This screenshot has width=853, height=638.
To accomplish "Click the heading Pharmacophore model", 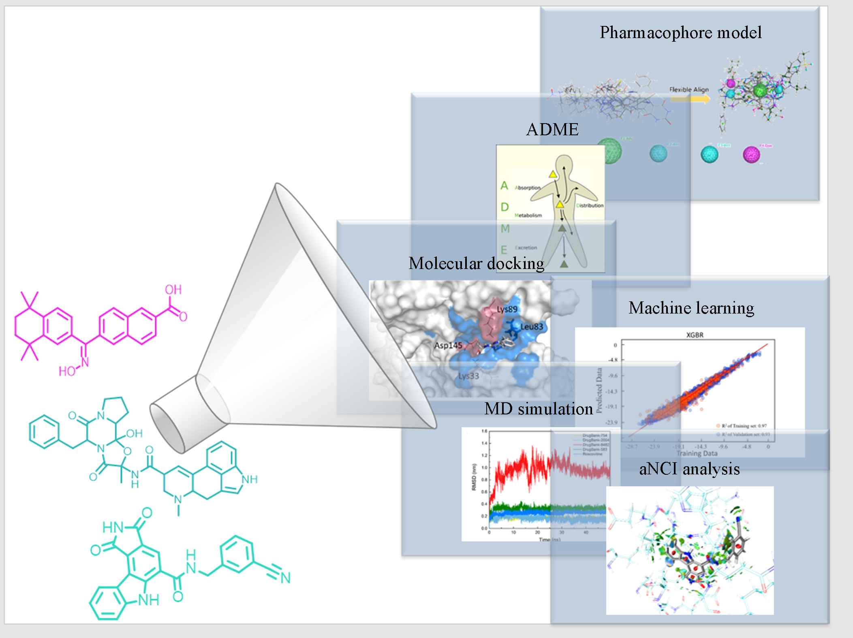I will coord(680,32).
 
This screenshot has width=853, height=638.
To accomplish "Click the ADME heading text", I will coord(552,130).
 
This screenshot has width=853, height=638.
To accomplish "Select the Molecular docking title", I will coord(476,263).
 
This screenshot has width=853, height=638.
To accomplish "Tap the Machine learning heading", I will coord(691,308).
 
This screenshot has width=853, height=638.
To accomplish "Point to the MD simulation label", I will coord(539,409).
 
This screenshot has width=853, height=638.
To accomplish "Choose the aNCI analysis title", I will coord(689,469).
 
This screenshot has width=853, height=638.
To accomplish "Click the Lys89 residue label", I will coord(507,309).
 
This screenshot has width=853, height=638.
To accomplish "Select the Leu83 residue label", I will coord(531,327).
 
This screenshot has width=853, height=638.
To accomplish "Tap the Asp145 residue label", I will coord(448,346).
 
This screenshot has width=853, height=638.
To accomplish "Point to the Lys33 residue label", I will coord(468,376).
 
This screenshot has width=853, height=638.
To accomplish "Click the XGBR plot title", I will coord(695,335).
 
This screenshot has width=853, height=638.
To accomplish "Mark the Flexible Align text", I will coord(689,90).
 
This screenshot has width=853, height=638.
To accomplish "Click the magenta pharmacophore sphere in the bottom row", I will coord(751,154).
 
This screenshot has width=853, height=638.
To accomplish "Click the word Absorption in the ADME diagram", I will coord(528,188).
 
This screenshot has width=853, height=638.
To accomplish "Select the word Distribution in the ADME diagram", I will coord(590,205).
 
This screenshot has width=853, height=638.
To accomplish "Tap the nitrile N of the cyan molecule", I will coord(286,578).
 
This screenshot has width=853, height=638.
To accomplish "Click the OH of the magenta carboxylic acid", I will coord(173,290).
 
